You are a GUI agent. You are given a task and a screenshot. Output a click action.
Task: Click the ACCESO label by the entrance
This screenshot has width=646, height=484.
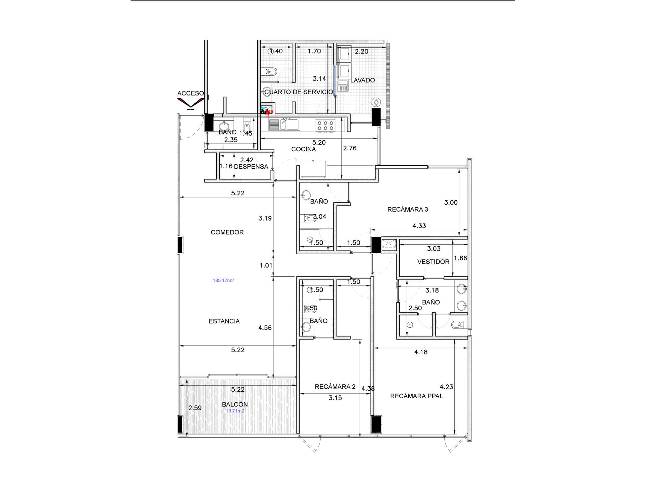(191, 93)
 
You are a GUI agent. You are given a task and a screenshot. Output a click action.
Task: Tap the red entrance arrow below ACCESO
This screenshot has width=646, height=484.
(191, 103)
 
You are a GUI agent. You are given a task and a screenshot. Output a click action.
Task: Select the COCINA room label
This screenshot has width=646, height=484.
(303, 149)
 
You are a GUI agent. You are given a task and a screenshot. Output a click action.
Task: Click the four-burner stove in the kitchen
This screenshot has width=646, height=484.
(325, 125)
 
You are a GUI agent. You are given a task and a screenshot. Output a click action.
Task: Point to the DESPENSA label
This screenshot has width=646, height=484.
(251, 167)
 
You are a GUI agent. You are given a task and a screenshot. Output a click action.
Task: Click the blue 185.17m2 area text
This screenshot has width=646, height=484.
(223, 280)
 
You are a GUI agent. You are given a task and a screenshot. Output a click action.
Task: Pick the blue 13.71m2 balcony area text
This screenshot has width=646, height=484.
(235, 411)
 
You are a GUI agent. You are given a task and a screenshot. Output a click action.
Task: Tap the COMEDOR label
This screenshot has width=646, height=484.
(227, 232)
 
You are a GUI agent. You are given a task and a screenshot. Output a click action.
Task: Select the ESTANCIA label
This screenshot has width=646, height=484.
(224, 321)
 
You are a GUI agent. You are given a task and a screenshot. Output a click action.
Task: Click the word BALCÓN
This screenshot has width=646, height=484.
(235, 404)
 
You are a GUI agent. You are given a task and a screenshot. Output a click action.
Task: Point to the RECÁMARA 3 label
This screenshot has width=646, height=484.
(408, 209)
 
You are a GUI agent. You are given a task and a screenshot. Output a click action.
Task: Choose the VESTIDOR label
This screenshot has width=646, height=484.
(433, 262)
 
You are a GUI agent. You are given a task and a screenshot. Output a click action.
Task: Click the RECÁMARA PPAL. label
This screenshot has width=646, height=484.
(417, 396)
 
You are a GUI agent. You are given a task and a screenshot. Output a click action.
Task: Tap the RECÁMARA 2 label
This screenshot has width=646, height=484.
(335, 387)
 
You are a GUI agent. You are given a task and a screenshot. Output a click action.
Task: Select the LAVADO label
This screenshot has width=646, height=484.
(362, 80)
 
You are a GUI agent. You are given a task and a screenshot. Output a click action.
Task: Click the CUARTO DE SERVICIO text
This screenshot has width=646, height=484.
(298, 92)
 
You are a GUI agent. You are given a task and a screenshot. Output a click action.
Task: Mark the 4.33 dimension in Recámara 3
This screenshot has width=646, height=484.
(419, 226)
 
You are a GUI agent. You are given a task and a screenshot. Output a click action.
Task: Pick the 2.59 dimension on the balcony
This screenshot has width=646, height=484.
(195, 408)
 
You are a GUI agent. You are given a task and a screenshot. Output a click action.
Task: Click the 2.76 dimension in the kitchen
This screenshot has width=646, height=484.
(350, 148)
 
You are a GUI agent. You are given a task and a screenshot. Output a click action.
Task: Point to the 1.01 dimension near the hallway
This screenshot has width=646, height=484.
(266, 265)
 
